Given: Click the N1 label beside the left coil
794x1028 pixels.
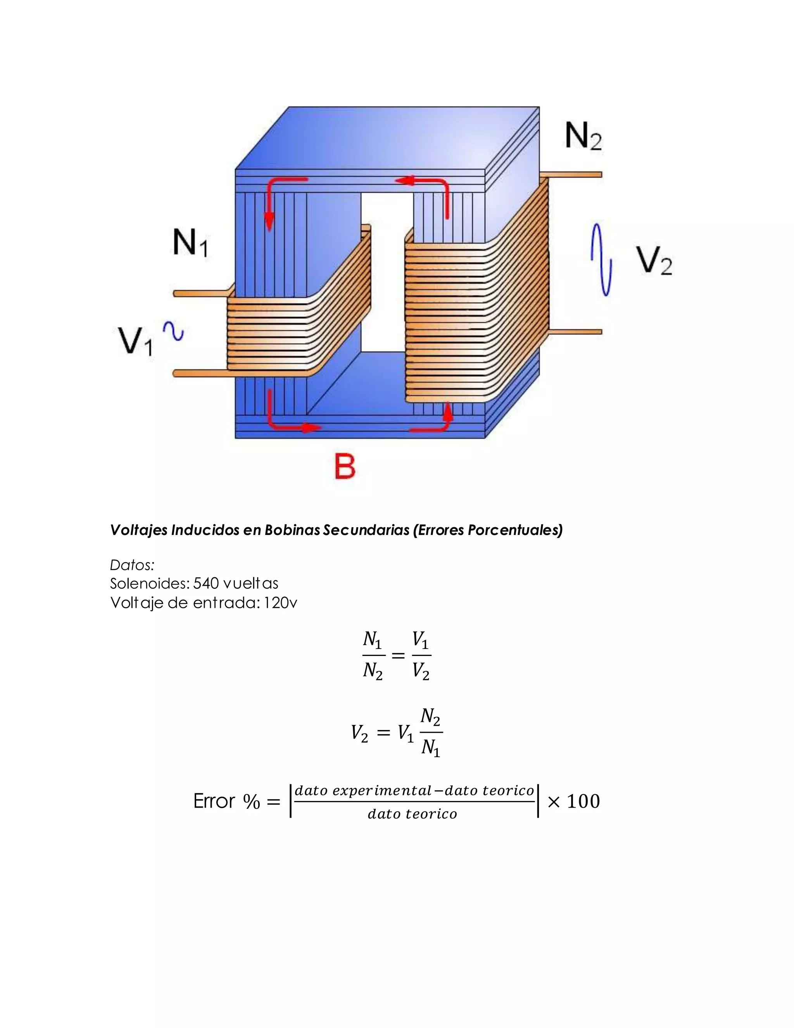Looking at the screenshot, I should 190,242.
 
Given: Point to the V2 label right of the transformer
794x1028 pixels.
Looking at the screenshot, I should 654,260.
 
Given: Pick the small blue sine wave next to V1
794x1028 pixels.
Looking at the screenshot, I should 174,331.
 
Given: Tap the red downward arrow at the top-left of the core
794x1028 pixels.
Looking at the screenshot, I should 269,214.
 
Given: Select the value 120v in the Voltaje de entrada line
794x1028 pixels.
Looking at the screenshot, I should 280,603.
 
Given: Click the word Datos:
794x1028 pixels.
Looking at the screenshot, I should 132,564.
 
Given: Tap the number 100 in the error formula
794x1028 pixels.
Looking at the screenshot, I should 583,801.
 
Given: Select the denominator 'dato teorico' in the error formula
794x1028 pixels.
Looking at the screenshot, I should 412,814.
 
